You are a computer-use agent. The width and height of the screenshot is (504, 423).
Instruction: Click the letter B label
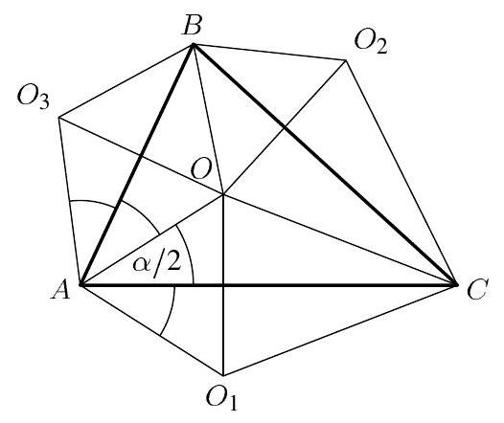click(x=193, y=25)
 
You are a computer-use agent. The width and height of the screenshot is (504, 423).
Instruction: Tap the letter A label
click(x=60, y=289)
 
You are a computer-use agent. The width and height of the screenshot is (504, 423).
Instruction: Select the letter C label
click(x=478, y=289)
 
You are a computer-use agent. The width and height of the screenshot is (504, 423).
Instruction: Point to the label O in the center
click(x=201, y=169)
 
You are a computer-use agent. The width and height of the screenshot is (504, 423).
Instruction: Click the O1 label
click(x=221, y=398)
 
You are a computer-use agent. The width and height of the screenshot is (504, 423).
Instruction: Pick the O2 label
click(x=371, y=42)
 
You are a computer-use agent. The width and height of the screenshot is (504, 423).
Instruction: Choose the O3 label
click(x=34, y=97)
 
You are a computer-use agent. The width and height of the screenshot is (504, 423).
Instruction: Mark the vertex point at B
click(x=193, y=45)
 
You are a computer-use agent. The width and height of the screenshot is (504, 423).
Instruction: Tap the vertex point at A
click(x=81, y=284)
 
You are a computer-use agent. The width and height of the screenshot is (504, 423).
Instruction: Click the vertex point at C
click(x=456, y=284)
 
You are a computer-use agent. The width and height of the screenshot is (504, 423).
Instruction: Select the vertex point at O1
click(x=223, y=375)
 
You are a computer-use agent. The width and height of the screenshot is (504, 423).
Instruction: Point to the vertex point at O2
click(x=346, y=60)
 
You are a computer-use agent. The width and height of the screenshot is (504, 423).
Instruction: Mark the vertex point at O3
click(x=59, y=118)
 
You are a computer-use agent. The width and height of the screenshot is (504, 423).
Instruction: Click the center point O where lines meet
click(x=223, y=194)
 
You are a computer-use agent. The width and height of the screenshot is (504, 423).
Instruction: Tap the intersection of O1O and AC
click(x=223, y=284)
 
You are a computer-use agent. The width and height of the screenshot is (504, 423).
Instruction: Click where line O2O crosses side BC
click(x=285, y=127)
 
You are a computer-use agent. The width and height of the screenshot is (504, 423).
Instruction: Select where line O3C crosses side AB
click(x=140, y=157)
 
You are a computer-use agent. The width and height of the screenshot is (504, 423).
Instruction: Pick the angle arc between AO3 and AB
click(x=93, y=202)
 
